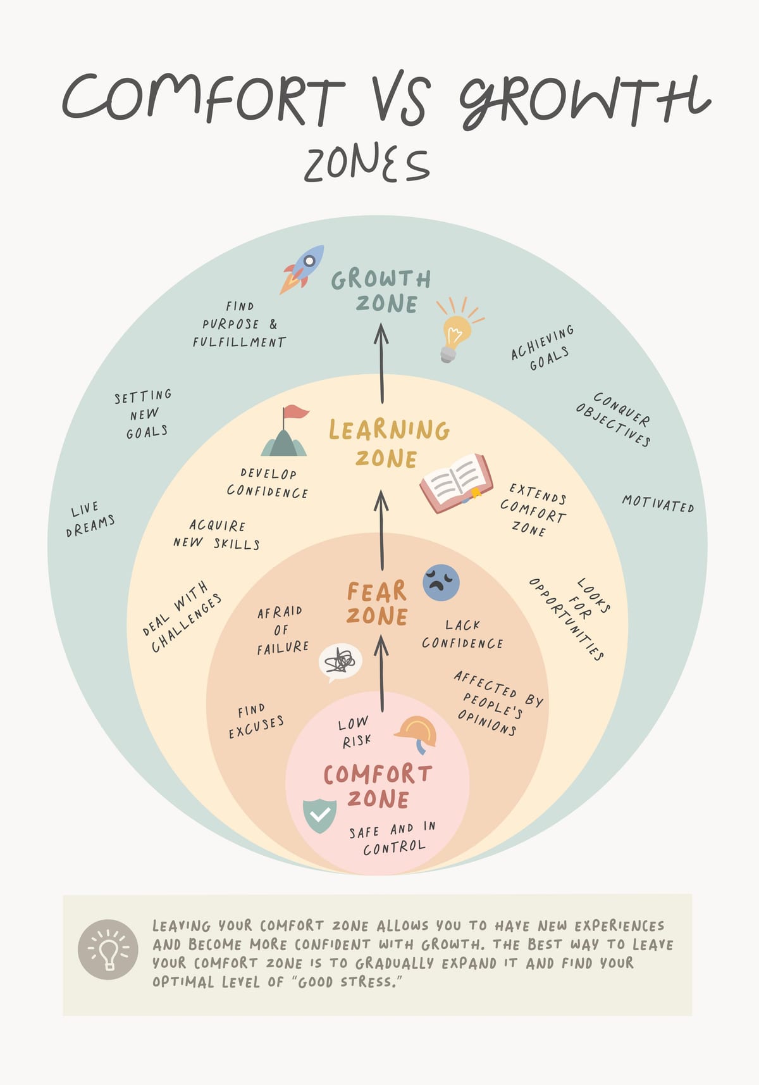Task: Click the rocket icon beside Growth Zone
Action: pyautogui.click(x=302, y=269)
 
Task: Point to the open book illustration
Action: pyautogui.click(x=456, y=483)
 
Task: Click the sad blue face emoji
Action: pyautogui.click(x=441, y=582)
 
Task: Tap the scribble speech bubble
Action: pyautogui.click(x=340, y=662)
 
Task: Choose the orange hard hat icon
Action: pyautogui.click(x=416, y=734)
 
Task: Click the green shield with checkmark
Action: pyautogui.click(x=319, y=816)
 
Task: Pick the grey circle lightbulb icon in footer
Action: pyautogui.click(x=108, y=950)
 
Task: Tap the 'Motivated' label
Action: pyautogui.click(x=658, y=504)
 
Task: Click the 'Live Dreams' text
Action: pyautogui.click(x=90, y=519)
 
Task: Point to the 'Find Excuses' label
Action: pyautogui.click(x=256, y=721)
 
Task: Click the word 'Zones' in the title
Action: pyautogui.click(x=367, y=164)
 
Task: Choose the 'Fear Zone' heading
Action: pyautogui.click(x=377, y=603)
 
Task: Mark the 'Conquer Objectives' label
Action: pyautogui.click(x=614, y=419)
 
